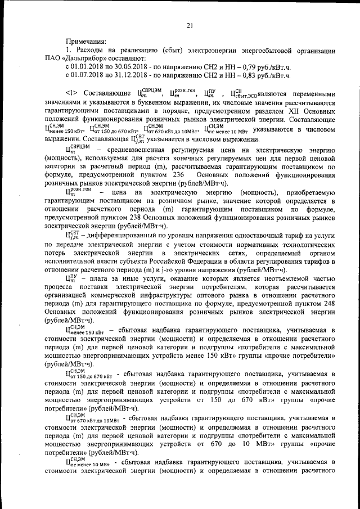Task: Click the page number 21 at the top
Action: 190,24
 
